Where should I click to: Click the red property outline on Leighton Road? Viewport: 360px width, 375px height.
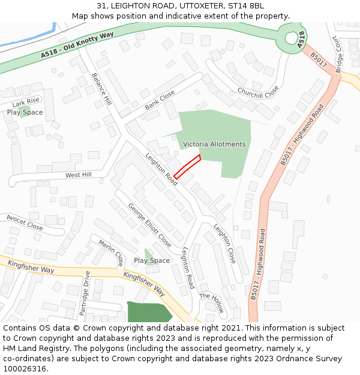click(x=187, y=166)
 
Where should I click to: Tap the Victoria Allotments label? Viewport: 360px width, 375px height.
click(x=214, y=145)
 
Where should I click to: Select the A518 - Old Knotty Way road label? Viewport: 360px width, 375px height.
click(x=77, y=46)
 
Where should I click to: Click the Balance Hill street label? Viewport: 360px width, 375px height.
click(x=101, y=89)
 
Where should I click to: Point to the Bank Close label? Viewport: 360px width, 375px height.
click(x=160, y=100)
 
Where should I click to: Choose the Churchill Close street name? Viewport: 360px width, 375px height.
click(x=258, y=92)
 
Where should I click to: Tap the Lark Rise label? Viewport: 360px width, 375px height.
click(x=26, y=103)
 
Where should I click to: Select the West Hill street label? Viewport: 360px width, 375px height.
click(x=79, y=175)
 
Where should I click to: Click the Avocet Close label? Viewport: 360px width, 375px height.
click(x=25, y=222)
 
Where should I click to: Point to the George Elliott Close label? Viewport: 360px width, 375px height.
click(x=149, y=225)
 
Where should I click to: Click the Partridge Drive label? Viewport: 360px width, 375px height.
click(x=85, y=293)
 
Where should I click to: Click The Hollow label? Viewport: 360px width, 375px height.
click(x=212, y=302)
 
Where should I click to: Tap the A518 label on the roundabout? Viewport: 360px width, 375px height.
click(x=301, y=39)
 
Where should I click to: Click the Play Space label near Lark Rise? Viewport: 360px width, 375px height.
click(x=25, y=112)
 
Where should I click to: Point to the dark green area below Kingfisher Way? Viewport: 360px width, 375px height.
click(x=148, y=312)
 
